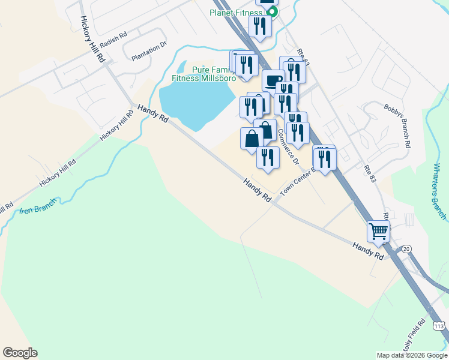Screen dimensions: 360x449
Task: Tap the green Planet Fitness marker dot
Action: coord(272,12)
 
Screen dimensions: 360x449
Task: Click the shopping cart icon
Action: coord(379,230)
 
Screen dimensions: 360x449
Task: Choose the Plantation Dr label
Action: coord(148,52)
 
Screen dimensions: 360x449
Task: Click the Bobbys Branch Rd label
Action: coord(397,125)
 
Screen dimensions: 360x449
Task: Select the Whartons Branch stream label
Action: coord(440,190)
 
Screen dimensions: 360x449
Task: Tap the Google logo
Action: coord(20,353)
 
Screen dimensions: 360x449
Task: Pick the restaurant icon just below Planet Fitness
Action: coord(260,26)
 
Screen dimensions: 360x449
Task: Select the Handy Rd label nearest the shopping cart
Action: coord(367,250)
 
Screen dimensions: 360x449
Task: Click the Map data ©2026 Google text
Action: coord(412,355)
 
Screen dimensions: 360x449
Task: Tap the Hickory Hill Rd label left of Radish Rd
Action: coord(93,38)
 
